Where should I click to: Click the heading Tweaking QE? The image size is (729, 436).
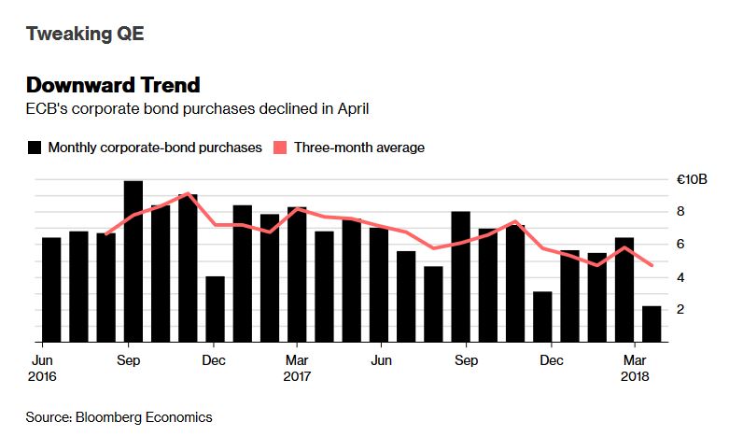coord(85,35)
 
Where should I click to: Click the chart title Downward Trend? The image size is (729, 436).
coord(113,85)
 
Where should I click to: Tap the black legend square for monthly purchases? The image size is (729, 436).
coord(35,148)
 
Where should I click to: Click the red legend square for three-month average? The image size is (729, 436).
coord(280,148)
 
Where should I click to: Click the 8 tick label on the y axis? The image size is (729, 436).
coord(681,212)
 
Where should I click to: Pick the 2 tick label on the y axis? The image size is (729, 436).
coord(681,309)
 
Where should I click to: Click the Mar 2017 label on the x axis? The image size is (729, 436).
coord(298,368)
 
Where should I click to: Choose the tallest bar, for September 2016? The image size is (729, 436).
coord(133,261)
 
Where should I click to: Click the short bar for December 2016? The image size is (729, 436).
coord(215,309)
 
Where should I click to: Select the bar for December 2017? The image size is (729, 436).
coord(542,316)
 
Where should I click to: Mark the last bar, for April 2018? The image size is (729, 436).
coord(652,323)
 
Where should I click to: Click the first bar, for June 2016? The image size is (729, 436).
coord(51,289)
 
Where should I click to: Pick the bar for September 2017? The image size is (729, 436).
coord(460,276)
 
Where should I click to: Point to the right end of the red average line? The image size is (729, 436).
coord(652,265)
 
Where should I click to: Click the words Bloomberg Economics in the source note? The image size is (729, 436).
coord(158,417)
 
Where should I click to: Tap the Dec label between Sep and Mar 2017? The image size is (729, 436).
coord(214,359)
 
